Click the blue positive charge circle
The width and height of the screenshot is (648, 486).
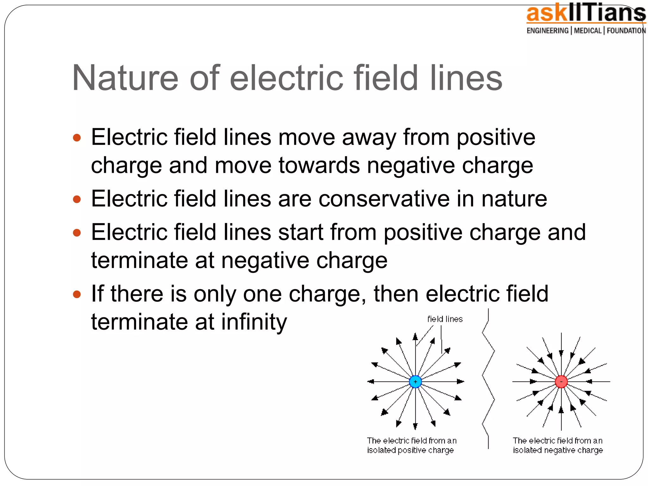[415, 382]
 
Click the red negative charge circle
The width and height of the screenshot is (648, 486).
[561, 382]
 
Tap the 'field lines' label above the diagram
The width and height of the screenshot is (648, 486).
[445, 319]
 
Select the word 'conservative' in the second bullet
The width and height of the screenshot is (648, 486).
[384, 199]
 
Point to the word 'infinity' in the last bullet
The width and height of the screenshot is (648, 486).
[254, 322]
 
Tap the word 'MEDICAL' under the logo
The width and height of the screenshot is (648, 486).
[588, 31]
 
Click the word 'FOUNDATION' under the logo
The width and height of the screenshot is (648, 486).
[626, 31]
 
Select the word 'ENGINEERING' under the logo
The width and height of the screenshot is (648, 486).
[547, 31]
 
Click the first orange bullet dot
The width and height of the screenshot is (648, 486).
[77, 138]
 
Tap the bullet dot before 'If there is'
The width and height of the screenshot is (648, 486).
[77, 295]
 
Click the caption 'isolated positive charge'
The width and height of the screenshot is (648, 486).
[410, 450]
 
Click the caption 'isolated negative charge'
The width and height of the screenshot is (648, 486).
[558, 450]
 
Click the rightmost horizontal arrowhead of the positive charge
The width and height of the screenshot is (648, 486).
[461, 382]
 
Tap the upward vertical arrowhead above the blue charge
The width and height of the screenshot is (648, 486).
[415, 337]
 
